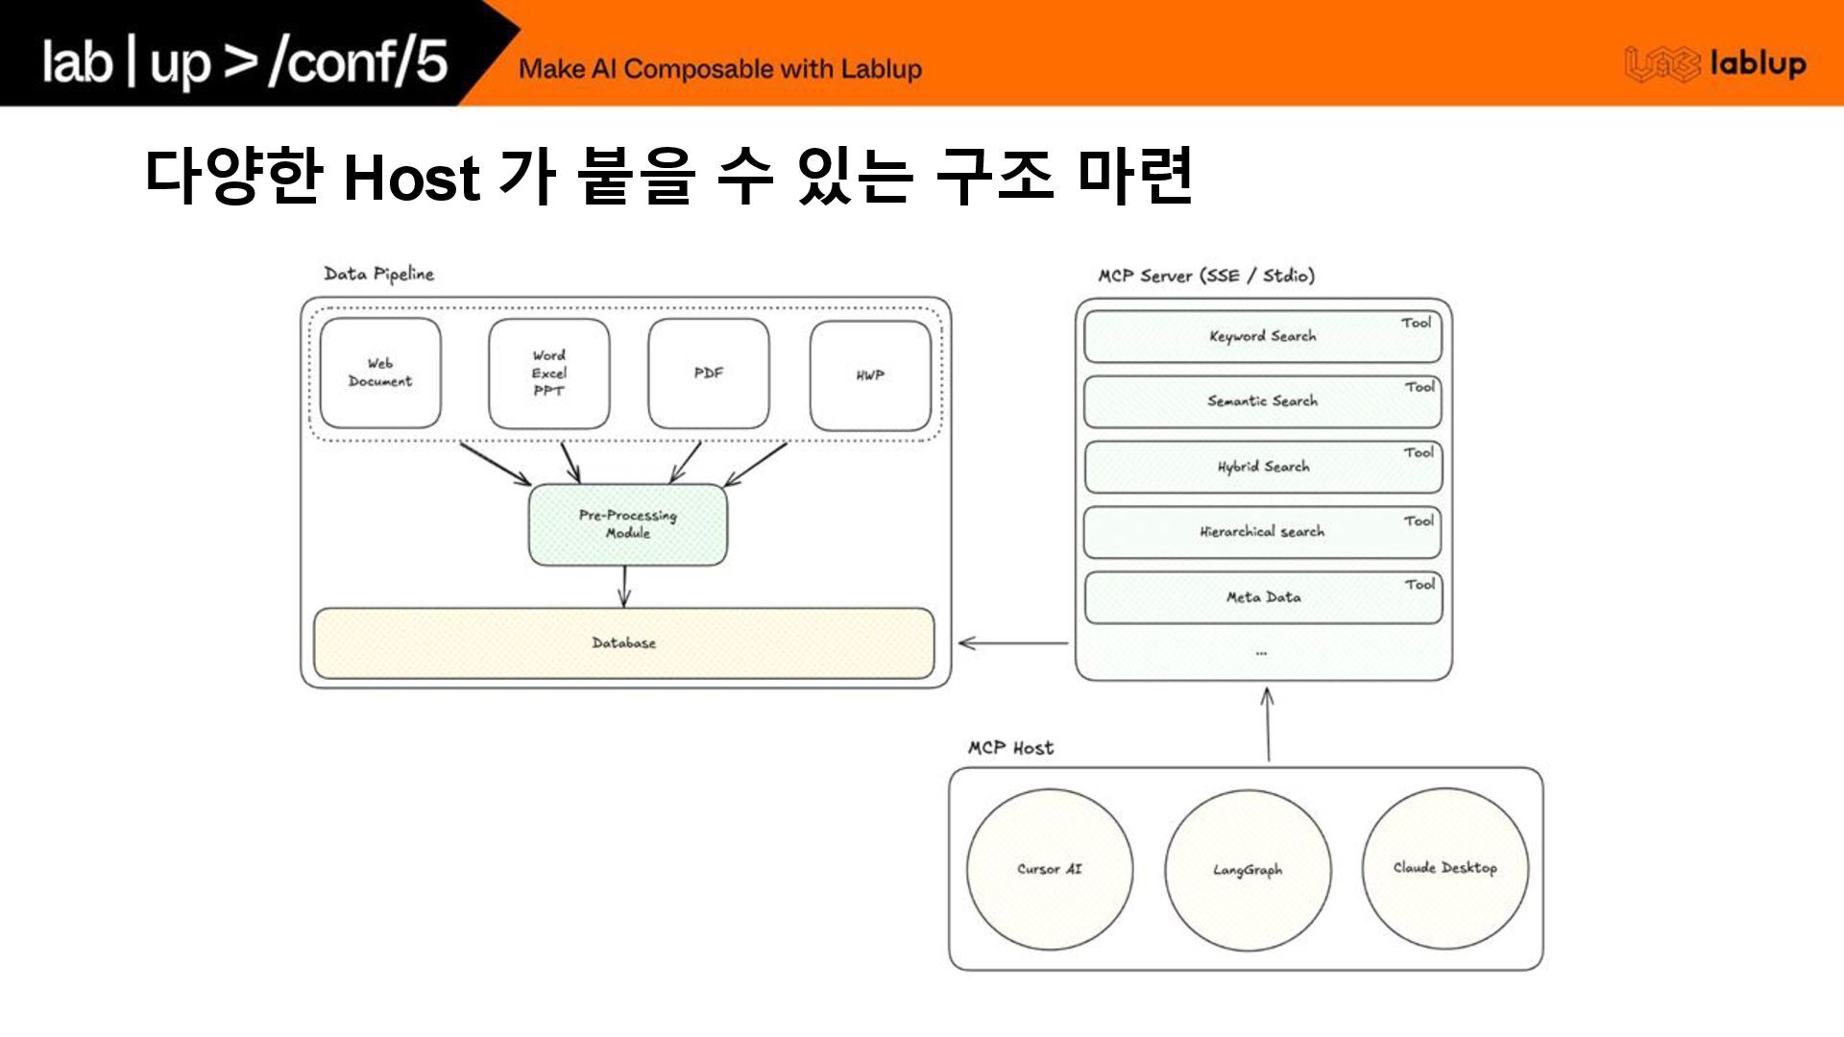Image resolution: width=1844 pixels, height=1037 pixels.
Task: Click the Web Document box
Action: tap(380, 373)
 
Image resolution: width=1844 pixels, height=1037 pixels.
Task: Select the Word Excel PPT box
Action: tap(548, 373)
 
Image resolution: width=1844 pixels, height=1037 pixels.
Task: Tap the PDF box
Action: tap(709, 373)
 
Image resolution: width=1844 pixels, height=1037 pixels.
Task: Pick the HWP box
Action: tap(870, 374)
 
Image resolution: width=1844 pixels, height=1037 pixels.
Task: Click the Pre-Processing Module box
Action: tap(628, 524)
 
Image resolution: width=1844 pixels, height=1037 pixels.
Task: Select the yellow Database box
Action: tap(624, 642)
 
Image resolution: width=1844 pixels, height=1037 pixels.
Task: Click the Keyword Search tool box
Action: tap(1262, 336)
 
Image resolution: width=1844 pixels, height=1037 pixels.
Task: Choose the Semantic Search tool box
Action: tap(1262, 401)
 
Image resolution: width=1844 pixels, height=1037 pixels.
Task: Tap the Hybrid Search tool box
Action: tap(1262, 467)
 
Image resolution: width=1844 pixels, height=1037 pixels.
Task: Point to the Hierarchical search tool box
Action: tap(1262, 532)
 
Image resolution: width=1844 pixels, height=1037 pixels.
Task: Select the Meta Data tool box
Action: tap(1262, 597)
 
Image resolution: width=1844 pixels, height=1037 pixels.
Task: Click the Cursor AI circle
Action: tap(1050, 869)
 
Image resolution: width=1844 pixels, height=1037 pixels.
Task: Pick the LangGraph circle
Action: tap(1248, 870)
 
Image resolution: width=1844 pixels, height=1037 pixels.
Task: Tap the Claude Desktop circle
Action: tap(1444, 868)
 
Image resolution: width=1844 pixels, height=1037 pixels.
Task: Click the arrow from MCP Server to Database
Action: tap(1013, 642)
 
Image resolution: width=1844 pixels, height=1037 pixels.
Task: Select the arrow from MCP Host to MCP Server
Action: tap(1268, 725)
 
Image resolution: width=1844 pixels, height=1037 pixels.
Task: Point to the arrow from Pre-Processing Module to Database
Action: tap(624, 586)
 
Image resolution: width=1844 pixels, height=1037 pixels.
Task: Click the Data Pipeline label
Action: tap(378, 275)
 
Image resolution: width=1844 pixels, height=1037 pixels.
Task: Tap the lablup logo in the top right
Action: tap(1715, 64)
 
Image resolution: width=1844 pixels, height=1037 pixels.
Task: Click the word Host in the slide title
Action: tap(411, 178)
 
